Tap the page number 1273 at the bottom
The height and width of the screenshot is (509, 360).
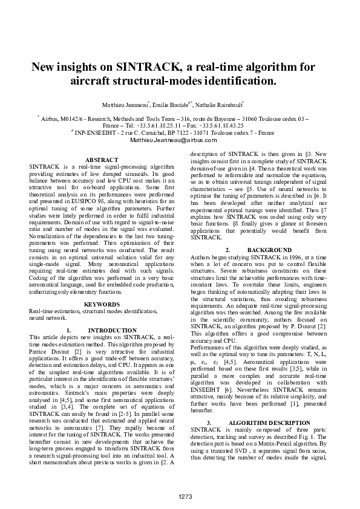click(x=185, y=496)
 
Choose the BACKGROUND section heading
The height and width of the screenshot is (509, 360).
click(x=270, y=249)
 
